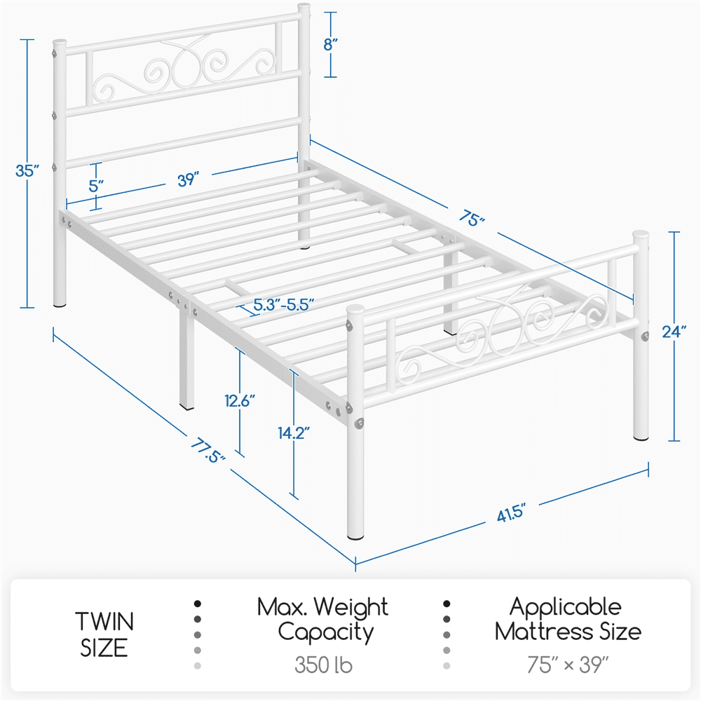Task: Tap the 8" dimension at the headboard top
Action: (x=332, y=43)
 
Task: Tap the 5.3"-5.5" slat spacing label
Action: (x=283, y=304)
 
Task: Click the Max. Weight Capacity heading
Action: (x=322, y=619)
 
